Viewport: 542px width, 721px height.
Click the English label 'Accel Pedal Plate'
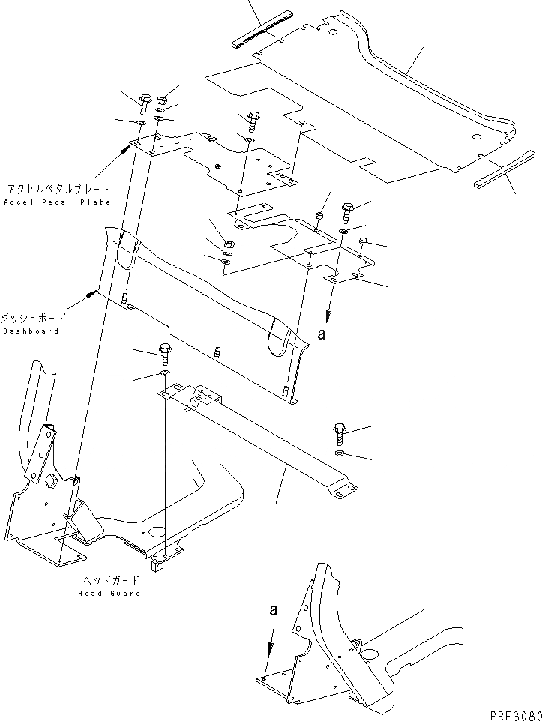[57, 202]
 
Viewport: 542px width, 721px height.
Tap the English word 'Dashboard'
[30, 331]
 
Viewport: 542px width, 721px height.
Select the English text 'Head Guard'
[109, 593]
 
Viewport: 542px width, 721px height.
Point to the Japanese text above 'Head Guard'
[110, 581]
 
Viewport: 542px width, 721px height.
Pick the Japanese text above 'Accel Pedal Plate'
[57, 190]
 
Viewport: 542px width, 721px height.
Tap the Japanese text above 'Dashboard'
[31, 318]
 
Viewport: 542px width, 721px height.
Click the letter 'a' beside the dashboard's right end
[322, 335]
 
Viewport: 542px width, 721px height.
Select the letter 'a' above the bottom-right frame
[274, 611]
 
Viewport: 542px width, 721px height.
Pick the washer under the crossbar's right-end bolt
[339, 454]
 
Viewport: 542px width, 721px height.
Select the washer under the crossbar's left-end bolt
[165, 372]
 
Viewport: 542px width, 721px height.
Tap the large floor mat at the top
[360, 112]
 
